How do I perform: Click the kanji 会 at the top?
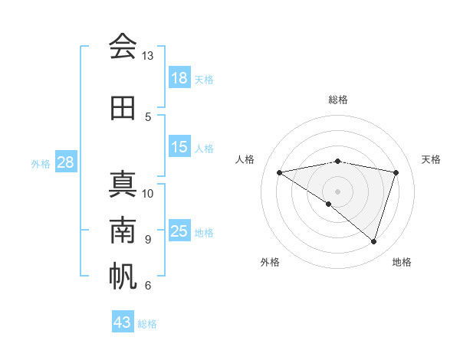click(123, 47)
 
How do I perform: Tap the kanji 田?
click(123, 108)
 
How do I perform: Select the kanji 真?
click(123, 185)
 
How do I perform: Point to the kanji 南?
click(123, 231)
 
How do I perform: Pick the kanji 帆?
click(123, 277)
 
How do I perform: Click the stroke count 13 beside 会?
click(148, 57)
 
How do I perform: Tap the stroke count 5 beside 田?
click(148, 117)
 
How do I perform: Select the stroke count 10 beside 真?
click(148, 193)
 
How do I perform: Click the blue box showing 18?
click(179, 78)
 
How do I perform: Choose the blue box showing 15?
click(179, 147)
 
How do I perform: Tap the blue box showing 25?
click(179, 231)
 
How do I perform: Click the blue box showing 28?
click(65, 162)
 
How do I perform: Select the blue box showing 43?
click(123, 322)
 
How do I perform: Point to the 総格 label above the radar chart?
click(337, 100)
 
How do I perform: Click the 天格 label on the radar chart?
click(432, 159)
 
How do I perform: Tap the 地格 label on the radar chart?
click(402, 262)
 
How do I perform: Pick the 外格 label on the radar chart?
click(270, 262)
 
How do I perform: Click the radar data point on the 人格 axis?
click(280, 172)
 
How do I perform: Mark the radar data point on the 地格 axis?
click(373, 241)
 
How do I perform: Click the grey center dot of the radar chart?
click(337, 191)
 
